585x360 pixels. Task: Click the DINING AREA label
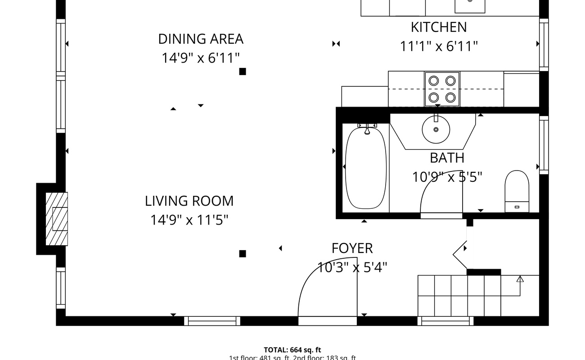pos(201,39)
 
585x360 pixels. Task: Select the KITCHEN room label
pos(438,27)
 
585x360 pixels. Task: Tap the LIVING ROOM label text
pos(189,201)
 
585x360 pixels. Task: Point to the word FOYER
pos(352,248)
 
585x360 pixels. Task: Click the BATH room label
pos(447,158)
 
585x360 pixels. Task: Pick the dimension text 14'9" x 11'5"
pos(189,220)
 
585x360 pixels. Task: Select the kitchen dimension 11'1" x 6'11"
pos(438,46)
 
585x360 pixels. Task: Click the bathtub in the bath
pos(365,168)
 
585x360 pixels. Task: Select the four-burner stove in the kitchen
pos(442,89)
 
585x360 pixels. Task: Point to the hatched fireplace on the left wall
pos(57,219)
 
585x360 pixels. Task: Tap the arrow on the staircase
pos(520,279)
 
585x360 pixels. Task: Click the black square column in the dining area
pos(243,71)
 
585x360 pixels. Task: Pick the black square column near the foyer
pos(243,254)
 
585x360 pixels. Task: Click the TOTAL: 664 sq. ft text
pos(292,350)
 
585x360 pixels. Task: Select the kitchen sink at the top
pos(470,6)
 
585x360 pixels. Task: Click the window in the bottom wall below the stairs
pos(445,321)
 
